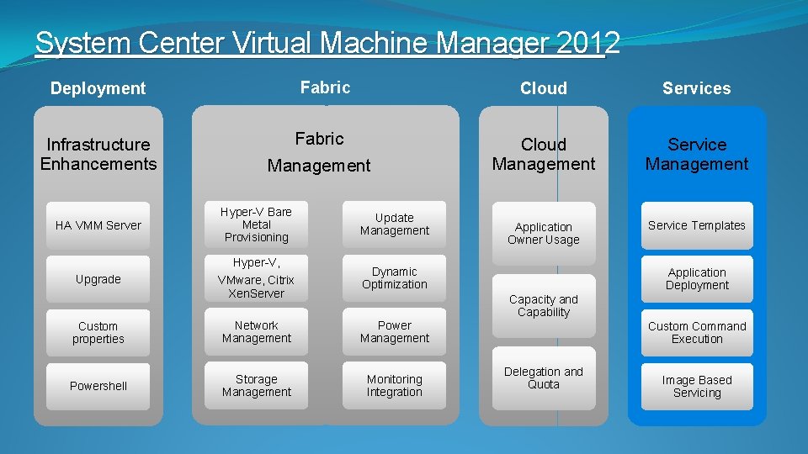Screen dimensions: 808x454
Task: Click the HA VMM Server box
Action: [98, 225]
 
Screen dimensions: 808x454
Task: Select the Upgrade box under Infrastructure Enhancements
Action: [98, 279]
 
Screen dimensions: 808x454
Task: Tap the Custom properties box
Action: [98, 333]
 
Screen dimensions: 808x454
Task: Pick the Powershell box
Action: [98, 386]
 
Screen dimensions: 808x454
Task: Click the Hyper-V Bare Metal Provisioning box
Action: [257, 224]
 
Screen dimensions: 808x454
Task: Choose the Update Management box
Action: [394, 224]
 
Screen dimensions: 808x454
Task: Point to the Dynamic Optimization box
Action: [394, 278]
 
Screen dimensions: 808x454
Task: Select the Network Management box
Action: [257, 332]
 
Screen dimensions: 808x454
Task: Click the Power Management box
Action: [394, 332]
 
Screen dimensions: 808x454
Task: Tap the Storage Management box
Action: [257, 386]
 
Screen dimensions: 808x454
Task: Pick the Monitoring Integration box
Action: [394, 386]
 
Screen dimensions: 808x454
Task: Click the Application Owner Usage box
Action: [543, 233]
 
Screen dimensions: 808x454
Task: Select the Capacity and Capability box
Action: [543, 305]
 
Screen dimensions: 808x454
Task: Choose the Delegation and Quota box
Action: [543, 378]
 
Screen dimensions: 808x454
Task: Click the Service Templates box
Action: [697, 225]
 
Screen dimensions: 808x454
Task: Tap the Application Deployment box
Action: [697, 279]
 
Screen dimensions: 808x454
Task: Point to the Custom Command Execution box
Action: [697, 333]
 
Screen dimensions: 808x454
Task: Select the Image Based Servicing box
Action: [697, 387]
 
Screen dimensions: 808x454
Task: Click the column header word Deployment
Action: [98, 88]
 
